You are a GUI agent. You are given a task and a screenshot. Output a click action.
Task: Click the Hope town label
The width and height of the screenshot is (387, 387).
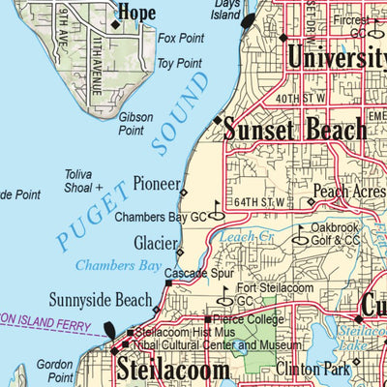(136, 13)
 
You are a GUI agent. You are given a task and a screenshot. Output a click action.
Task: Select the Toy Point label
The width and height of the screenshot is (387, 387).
(179, 64)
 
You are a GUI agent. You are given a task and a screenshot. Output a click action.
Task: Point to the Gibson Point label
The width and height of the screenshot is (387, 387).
(135, 123)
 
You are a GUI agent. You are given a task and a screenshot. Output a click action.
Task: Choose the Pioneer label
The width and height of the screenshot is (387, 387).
(156, 183)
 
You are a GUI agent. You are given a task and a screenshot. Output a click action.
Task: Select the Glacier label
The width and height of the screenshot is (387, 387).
(154, 242)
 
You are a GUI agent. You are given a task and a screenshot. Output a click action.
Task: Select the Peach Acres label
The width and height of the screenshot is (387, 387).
(349, 193)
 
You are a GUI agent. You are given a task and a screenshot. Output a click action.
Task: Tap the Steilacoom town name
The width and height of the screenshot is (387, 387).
(173, 369)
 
